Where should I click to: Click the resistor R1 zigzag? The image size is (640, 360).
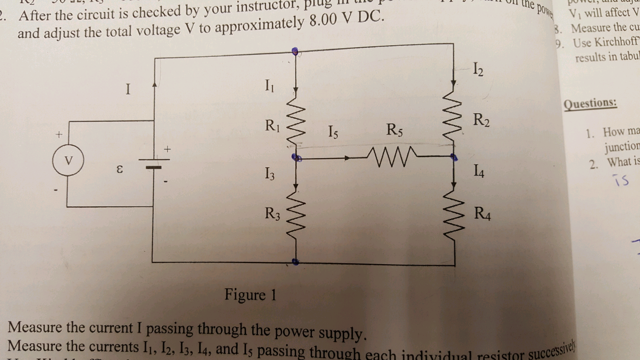[295, 124]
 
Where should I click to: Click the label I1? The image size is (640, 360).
[270, 87]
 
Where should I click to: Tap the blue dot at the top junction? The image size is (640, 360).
[295, 51]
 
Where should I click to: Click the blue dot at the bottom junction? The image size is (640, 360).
[295, 263]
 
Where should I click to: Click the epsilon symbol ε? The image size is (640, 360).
[121, 170]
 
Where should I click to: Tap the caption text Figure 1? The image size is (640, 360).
[251, 294]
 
